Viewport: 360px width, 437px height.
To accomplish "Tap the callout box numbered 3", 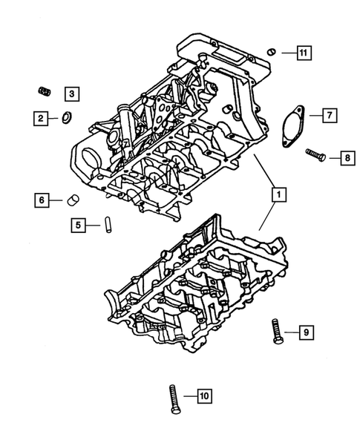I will point(72,93).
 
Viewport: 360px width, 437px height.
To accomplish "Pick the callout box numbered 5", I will point(78,223).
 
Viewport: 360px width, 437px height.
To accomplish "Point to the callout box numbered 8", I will point(346,157).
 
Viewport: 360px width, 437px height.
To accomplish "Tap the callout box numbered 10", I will point(204,396).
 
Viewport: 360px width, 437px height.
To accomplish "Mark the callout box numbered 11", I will point(304,52).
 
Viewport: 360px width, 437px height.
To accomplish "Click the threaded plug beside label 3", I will point(44,91).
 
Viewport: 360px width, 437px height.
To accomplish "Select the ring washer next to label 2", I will point(65,116).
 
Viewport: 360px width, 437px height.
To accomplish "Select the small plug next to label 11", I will point(272,51).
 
